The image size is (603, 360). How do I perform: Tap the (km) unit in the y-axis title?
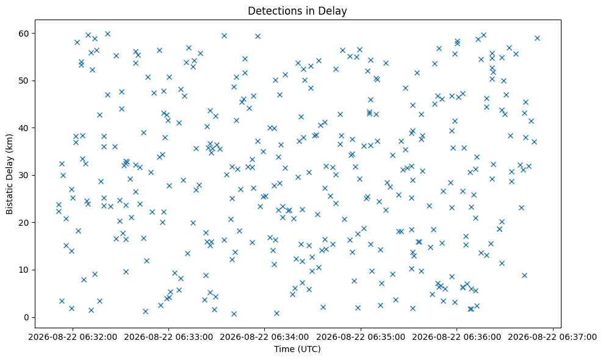[x=9, y=143]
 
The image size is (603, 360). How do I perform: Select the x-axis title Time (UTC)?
[x=297, y=349]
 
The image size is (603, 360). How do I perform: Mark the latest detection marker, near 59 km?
[x=537, y=38]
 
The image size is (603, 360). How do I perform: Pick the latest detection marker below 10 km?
[x=524, y=275]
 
